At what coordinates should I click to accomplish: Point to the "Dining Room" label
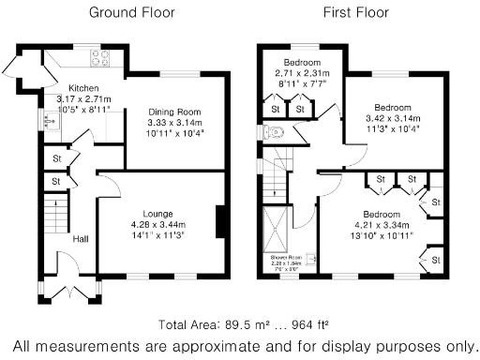[x=174, y=112]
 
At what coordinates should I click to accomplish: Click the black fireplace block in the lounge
[x=220, y=222]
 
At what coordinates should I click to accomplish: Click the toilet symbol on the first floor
[x=273, y=134]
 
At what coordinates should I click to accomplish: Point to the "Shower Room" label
[x=286, y=258]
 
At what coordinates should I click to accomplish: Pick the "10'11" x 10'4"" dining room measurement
[x=174, y=132]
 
